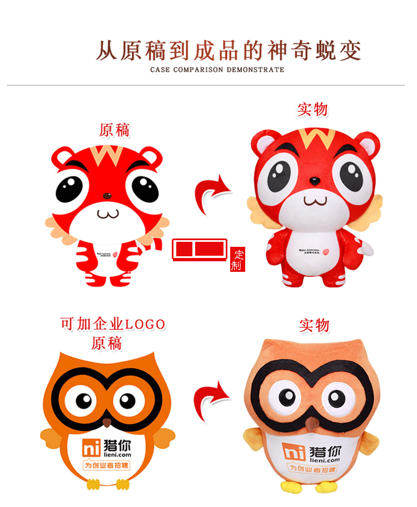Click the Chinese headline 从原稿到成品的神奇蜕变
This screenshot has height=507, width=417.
click(x=228, y=51)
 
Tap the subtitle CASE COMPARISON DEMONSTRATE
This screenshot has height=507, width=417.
click(x=217, y=70)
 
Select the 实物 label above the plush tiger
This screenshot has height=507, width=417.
click(x=312, y=110)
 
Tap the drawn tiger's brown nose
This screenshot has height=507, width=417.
click(x=107, y=196)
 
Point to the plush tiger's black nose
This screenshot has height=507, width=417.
click(x=314, y=181)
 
